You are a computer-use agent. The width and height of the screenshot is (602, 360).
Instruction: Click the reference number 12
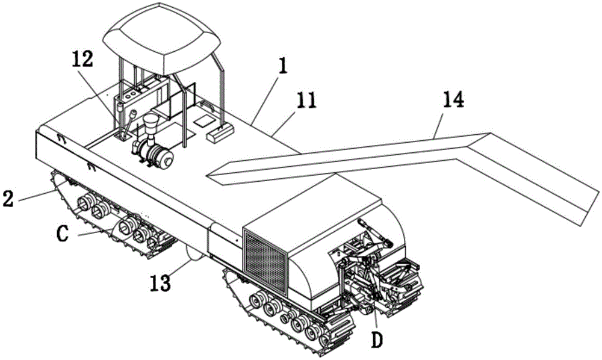point(82,60)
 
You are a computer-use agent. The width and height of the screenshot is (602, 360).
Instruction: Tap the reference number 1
point(282,66)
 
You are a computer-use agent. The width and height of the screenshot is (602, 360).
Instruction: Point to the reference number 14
point(453,99)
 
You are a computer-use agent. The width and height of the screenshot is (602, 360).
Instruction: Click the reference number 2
point(9,199)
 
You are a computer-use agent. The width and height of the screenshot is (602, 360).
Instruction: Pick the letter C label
point(62,234)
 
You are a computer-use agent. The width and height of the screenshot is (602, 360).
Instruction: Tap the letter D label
point(377,340)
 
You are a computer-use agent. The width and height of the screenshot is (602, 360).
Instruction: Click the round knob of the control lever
point(133,114)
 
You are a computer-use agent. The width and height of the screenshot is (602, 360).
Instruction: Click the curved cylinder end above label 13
point(194,253)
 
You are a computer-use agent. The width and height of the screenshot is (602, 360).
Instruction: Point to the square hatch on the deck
point(203,122)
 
